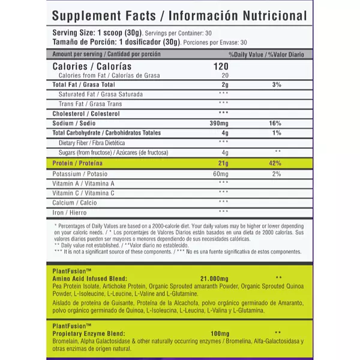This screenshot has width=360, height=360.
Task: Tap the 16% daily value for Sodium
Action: [276, 122]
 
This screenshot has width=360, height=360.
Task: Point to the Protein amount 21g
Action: [223, 163]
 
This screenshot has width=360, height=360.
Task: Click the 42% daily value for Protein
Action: [276, 163]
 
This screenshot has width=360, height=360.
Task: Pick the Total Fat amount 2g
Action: [224, 85]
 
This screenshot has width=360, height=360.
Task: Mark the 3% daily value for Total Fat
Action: [276, 85]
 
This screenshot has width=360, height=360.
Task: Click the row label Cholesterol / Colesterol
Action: [86, 113]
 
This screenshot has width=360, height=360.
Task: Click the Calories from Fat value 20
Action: [224, 76]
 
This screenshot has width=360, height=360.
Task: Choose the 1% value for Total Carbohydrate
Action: [276, 133]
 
